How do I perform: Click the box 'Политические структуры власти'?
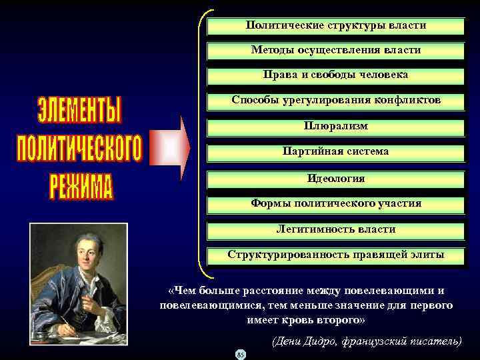click(x=336, y=26)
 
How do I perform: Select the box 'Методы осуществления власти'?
click(x=336, y=51)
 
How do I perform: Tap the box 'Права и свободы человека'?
click(x=336, y=75)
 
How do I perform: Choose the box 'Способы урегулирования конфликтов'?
click(x=336, y=101)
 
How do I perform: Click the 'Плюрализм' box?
click(x=336, y=126)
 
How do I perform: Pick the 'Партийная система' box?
click(x=336, y=152)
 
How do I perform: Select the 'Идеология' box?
click(x=336, y=179)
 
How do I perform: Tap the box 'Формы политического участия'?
click(x=336, y=203)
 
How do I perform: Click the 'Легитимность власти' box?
click(x=336, y=229)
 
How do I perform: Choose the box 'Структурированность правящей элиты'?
click(x=336, y=255)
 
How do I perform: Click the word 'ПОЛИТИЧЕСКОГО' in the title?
click(x=79, y=149)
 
